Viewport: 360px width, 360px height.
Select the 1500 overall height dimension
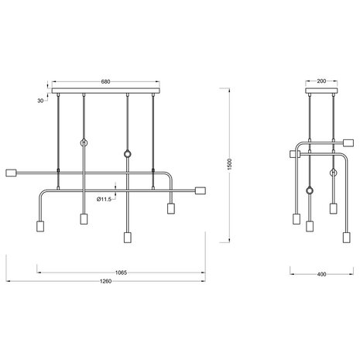pos(231,166)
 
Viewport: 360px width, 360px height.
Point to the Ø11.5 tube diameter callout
pos(105,199)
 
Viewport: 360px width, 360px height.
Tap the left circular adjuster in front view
pos(83,142)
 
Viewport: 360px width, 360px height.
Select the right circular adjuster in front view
pos(127,152)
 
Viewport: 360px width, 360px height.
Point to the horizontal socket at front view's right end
pos(199,190)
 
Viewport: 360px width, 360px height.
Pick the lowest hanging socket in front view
pos(126,235)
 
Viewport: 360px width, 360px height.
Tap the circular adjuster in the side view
pos(310,190)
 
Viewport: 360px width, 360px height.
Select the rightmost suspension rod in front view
pos(155,132)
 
